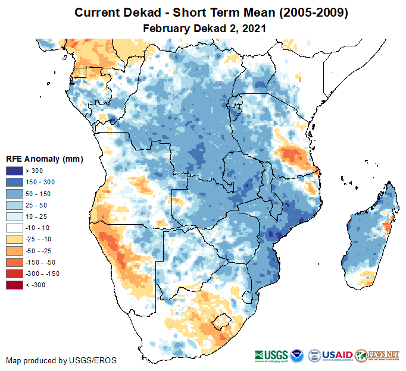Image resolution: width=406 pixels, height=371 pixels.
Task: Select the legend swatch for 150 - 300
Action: click(x=15, y=181)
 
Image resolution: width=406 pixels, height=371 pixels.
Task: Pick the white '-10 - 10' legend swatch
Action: click(x=15, y=228)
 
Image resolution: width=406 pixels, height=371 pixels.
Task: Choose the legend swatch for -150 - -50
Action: click(x=15, y=262)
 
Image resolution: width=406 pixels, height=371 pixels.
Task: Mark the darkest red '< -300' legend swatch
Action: click(x=15, y=285)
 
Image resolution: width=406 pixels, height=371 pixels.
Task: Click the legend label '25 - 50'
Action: click(x=36, y=205)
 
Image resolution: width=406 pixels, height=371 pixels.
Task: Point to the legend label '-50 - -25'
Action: click(x=39, y=250)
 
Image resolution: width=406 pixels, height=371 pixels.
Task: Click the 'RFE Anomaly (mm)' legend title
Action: click(x=44, y=159)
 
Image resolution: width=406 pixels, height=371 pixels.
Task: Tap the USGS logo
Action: click(x=271, y=355)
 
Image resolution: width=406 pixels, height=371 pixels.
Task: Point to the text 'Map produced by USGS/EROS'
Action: click(x=61, y=360)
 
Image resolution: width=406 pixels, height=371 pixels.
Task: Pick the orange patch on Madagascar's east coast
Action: click(x=387, y=227)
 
